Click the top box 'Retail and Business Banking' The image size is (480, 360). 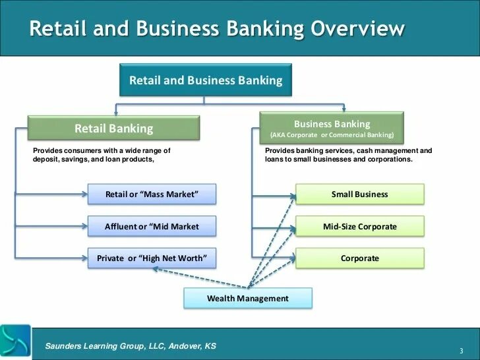[205, 80]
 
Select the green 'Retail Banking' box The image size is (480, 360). [113, 129]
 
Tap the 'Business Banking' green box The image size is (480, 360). [332, 128]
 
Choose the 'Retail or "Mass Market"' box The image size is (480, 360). [152, 195]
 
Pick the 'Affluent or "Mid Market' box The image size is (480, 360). [152, 226]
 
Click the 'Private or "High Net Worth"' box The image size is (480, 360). [152, 258]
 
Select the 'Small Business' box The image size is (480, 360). [359, 195]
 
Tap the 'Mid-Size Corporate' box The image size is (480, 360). [359, 226]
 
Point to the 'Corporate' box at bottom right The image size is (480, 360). [359, 258]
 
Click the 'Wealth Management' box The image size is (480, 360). [247, 299]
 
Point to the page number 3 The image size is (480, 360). [462, 349]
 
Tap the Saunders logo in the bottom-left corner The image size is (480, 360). [15, 342]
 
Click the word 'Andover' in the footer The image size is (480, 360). [179, 345]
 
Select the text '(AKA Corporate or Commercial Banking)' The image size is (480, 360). [332, 135]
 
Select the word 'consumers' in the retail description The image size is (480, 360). [75, 151]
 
